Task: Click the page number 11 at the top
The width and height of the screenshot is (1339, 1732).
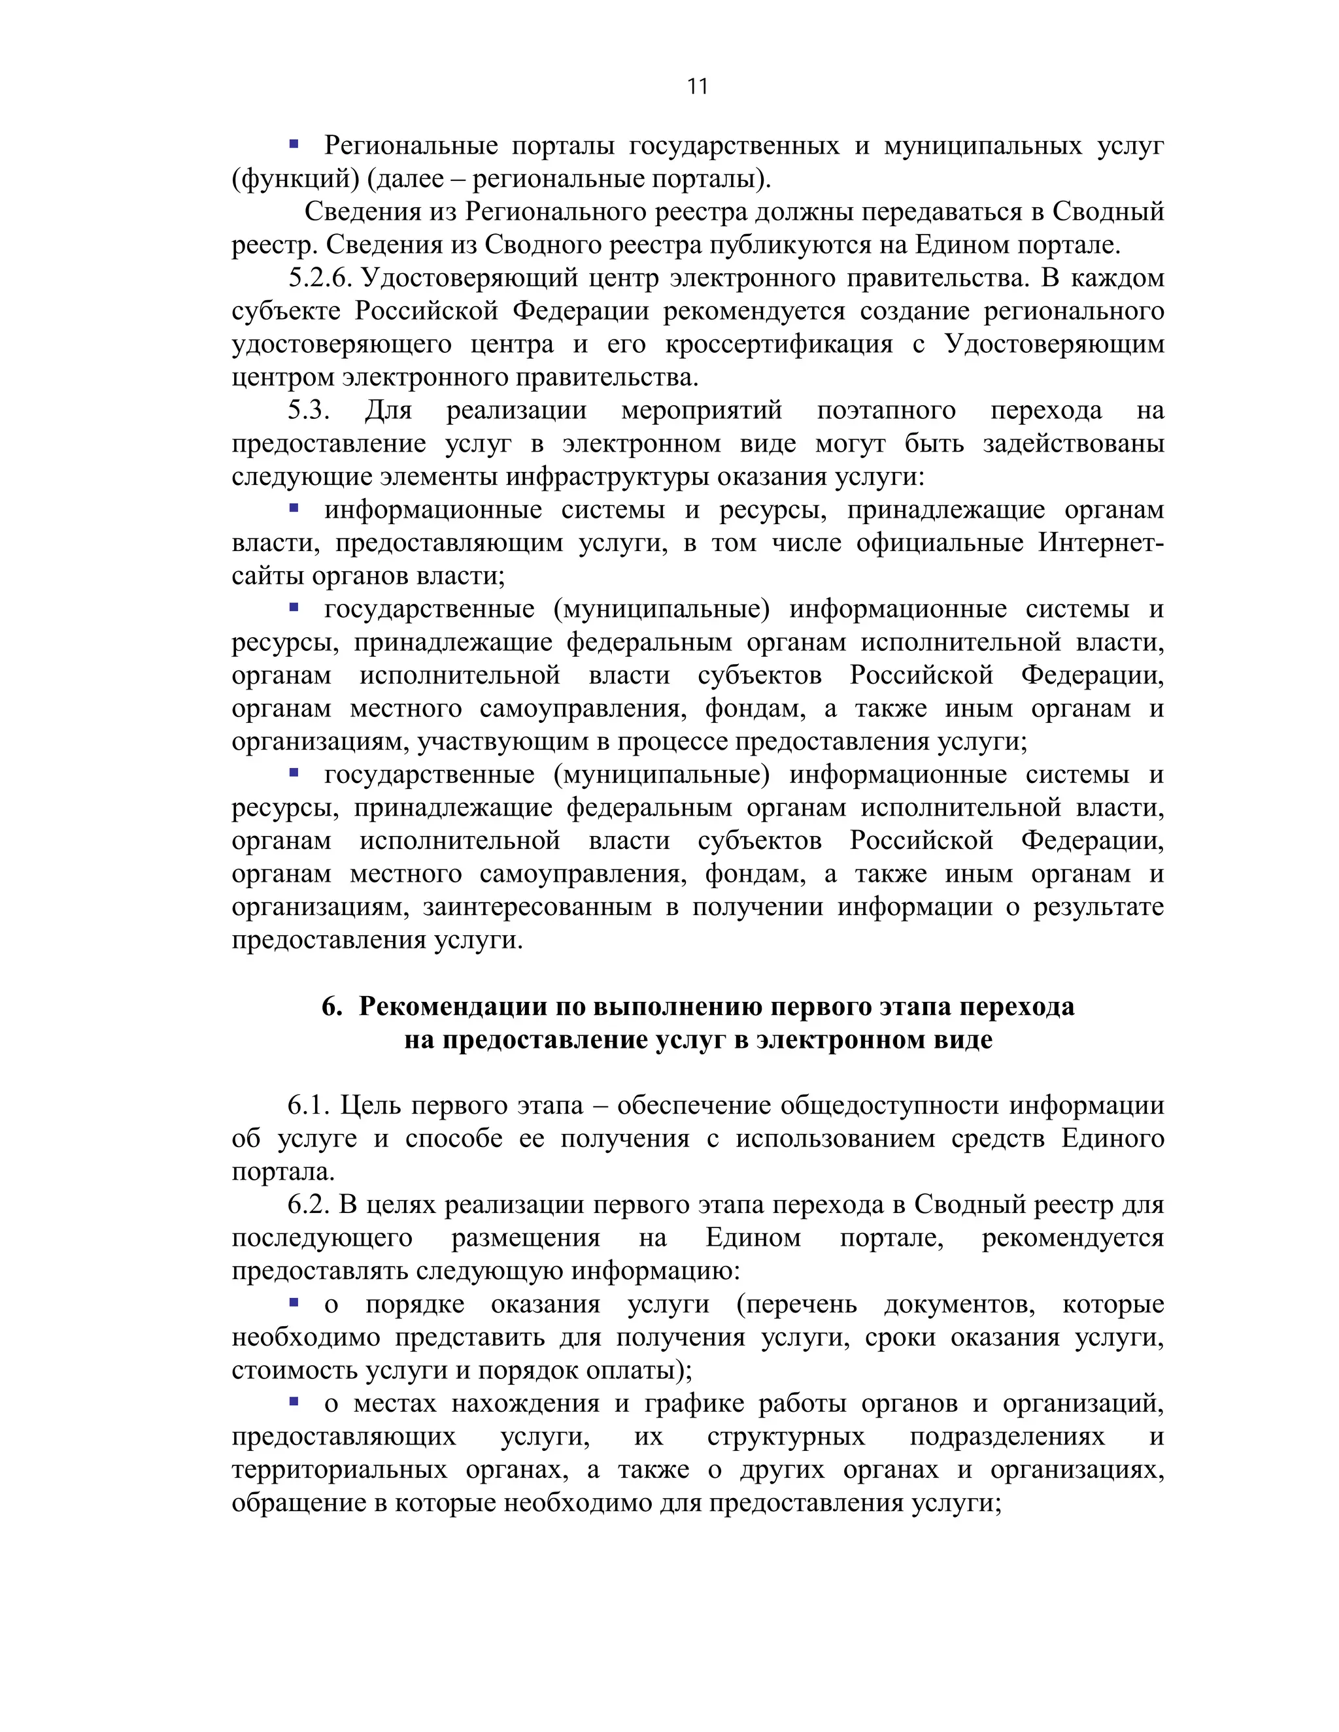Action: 697,86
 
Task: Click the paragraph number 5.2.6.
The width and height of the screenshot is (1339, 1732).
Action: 319,278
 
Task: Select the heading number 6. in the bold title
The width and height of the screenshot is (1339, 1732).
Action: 331,1007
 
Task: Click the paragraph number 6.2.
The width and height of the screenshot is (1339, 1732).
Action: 308,1205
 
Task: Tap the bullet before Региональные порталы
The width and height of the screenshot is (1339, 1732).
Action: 294,144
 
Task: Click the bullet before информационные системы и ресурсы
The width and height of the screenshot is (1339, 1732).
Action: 294,508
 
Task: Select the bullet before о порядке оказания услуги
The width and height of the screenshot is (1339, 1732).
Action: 294,1302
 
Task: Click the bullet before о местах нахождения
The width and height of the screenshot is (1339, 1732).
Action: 294,1401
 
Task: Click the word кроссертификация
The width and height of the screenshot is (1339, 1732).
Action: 778,345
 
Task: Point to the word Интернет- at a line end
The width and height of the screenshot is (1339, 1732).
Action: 1101,543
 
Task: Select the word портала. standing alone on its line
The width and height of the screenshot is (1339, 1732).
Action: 283,1172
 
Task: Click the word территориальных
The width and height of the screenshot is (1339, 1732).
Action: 339,1469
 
